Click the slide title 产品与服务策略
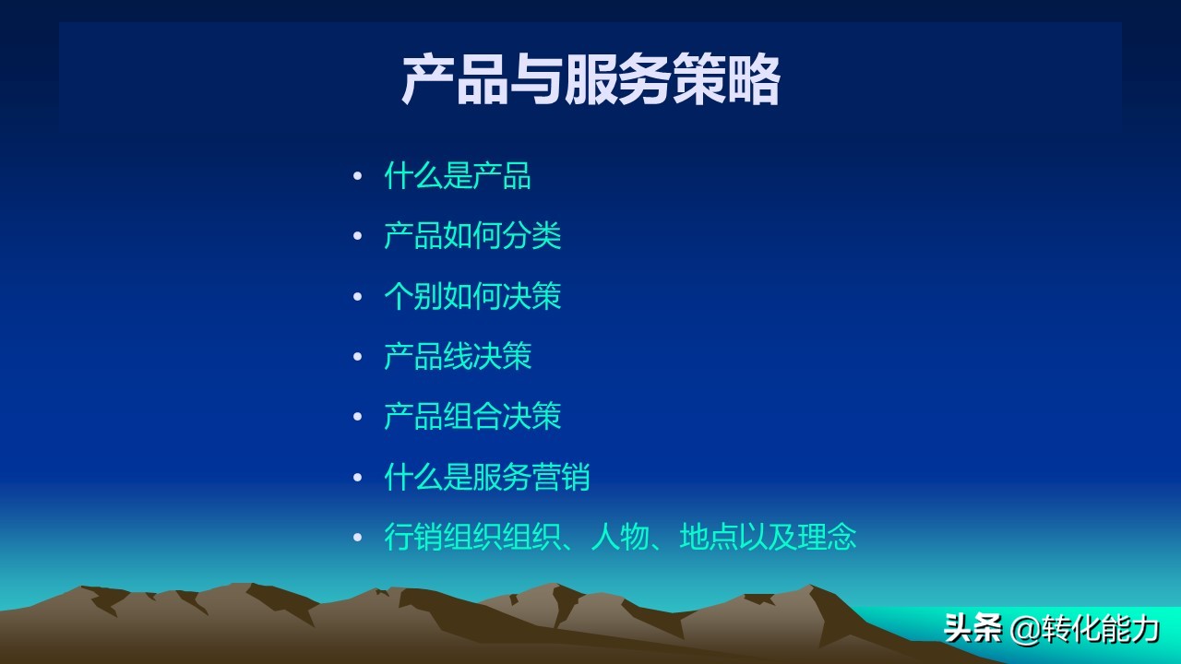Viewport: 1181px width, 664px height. [590, 80]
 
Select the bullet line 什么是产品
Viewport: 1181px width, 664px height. [458, 176]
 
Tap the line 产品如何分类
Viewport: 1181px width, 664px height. [472, 236]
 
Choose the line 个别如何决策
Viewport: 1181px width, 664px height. [472, 296]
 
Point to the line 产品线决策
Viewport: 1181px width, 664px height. [458, 356]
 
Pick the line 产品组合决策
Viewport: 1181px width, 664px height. [472, 416]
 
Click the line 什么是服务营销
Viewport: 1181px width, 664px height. [487, 477]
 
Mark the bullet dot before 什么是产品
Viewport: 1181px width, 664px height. [358, 177]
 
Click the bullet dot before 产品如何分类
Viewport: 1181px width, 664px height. [358, 237]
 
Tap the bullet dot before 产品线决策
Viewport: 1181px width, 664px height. [358, 357]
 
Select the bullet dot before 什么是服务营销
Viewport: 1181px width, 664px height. [358, 478]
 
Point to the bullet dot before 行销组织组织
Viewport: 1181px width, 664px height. [358, 538]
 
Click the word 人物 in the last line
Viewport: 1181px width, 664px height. [620, 537]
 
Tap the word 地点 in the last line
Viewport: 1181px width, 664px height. [709, 537]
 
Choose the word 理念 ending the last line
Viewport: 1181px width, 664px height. [828, 537]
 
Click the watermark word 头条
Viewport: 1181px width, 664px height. [972, 629]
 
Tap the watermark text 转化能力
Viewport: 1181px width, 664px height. [1102, 629]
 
